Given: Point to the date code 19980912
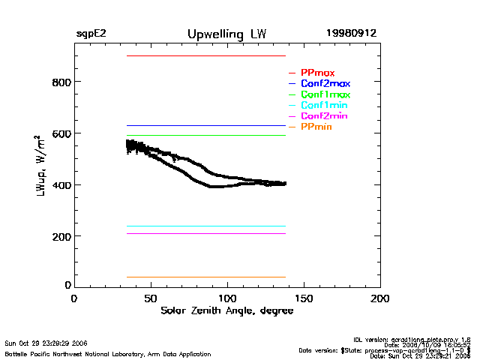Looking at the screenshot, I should pyautogui.click(x=351, y=34).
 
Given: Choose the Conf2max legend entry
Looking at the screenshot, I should pyautogui.click(x=325, y=83).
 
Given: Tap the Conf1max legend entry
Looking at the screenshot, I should pyautogui.click(x=325, y=94).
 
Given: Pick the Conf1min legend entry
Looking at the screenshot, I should pyautogui.click(x=324, y=105).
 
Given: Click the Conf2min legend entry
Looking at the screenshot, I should pyautogui.click(x=324, y=116).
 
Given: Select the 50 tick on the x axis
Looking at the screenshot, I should pyautogui.click(x=151, y=298).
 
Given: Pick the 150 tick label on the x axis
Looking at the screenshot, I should pyautogui.click(x=304, y=298).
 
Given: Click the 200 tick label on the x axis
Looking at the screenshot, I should pyautogui.click(x=380, y=298).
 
